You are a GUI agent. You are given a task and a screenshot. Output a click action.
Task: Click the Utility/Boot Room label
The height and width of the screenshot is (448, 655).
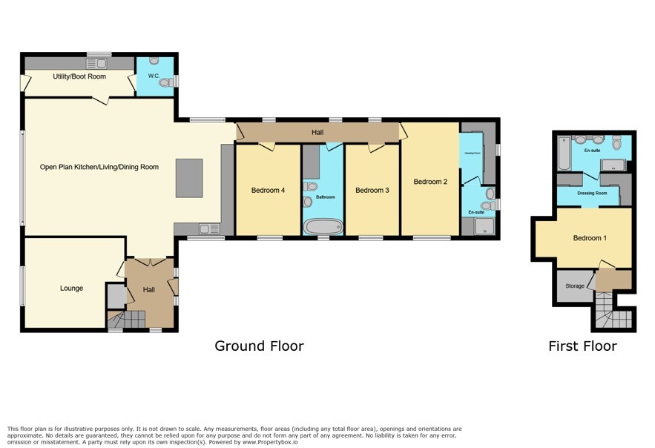[79, 76]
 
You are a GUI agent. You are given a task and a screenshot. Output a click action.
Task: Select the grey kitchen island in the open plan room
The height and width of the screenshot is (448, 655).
[188, 177]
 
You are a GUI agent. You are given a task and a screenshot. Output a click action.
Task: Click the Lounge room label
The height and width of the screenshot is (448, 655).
[71, 288]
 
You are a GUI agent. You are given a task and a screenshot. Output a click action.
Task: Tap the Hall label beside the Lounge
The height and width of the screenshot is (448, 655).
[149, 289]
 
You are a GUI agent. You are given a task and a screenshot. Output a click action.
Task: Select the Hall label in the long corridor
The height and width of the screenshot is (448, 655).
[317, 132]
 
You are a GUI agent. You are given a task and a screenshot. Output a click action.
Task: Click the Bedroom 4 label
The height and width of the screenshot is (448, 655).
[268, 191]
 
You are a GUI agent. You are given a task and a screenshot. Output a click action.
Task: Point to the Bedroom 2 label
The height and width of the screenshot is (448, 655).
[430, 182]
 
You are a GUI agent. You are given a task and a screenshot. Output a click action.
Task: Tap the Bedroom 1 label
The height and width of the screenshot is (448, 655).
[590, 238]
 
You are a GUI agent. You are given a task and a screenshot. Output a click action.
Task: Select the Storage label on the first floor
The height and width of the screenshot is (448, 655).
[575, 286]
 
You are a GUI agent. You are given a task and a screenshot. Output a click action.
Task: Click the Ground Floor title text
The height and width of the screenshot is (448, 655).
[259, 346]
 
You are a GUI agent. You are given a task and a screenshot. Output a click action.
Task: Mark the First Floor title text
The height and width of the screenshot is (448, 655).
[582, 346]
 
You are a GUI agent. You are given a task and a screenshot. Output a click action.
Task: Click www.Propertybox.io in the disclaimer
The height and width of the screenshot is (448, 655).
[273, 441]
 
